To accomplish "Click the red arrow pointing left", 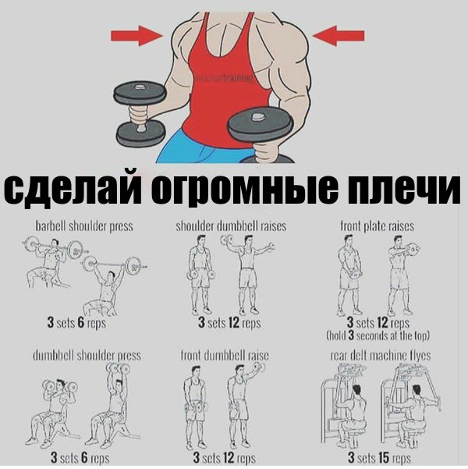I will (x=339, y=34).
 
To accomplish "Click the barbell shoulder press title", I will (x=84, y=226).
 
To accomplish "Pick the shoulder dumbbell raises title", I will (x=231, y=226).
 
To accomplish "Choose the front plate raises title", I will (x=377, y=226).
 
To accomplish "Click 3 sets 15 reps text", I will (x=380, y=458).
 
